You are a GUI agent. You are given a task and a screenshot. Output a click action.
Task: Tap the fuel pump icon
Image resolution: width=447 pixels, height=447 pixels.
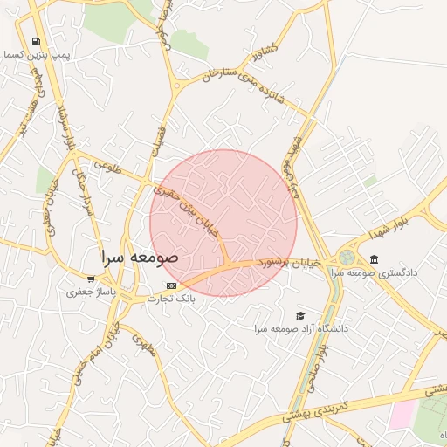[x=35, y=41]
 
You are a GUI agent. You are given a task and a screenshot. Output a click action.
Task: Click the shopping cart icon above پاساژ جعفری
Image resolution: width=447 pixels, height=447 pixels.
[x=91, y=279]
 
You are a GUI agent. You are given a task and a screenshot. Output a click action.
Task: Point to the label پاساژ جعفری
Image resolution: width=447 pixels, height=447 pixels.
[x=91, y=292]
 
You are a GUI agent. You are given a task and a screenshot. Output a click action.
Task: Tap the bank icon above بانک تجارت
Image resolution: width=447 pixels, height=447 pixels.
[x=171, y=285]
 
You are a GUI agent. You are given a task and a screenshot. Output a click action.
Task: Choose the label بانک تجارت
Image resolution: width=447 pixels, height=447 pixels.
[x=171, y=299]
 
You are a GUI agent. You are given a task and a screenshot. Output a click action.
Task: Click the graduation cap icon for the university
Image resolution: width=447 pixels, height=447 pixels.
[x=301, y=315]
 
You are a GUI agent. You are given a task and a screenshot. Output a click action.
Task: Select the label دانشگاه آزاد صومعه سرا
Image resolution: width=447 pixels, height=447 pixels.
[x=301, y=328]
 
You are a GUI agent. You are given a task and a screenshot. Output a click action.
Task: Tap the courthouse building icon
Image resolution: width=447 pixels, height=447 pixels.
[x=375, y=259]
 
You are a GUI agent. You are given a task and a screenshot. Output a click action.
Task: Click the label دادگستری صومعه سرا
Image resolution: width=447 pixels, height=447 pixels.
[x=375, y=272]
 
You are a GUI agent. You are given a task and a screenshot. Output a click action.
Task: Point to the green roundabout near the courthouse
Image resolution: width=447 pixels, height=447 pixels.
[x=347, y=258]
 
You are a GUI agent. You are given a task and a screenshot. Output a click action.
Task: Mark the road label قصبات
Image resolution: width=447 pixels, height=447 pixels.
[x=158, y=140]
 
